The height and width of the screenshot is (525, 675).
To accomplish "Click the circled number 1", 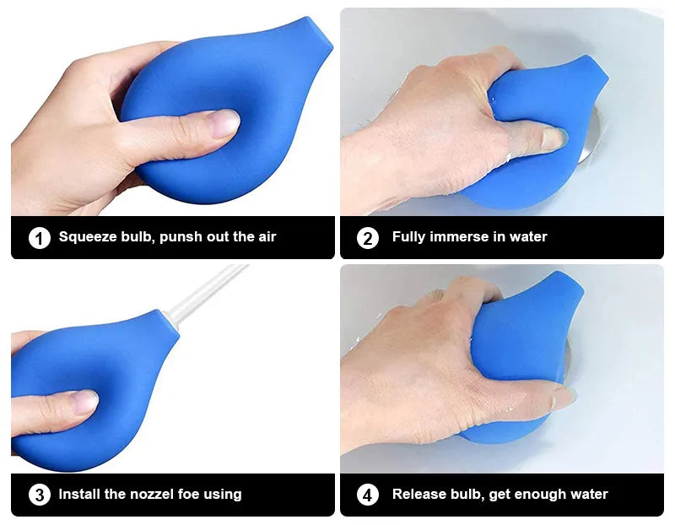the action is click(x=40, y=238).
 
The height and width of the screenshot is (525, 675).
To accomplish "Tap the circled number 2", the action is click(x=368, y=238).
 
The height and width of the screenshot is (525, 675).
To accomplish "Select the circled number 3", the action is click(x=40, y=495).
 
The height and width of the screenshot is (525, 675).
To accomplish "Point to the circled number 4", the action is click(x=368, y=495).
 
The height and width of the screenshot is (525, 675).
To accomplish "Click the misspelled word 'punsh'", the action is click(x=181, y=237).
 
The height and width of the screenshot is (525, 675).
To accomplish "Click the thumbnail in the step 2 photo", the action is click(x=553, y=138).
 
